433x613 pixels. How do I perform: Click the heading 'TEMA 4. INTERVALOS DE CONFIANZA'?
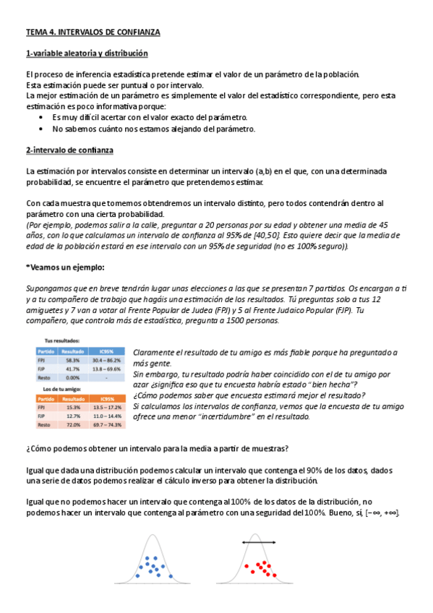pyautogui.click(x=93, y=33)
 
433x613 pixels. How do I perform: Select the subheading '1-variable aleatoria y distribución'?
pyautogui.click(x=87, y=53)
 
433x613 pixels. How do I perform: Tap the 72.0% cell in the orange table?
pyautogui.click(x=73, y=424)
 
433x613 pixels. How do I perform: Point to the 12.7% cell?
pyautogui.click(x=73, y=416)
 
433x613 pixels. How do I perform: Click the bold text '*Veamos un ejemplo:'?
pyautogui.click(x=63, y=267)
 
